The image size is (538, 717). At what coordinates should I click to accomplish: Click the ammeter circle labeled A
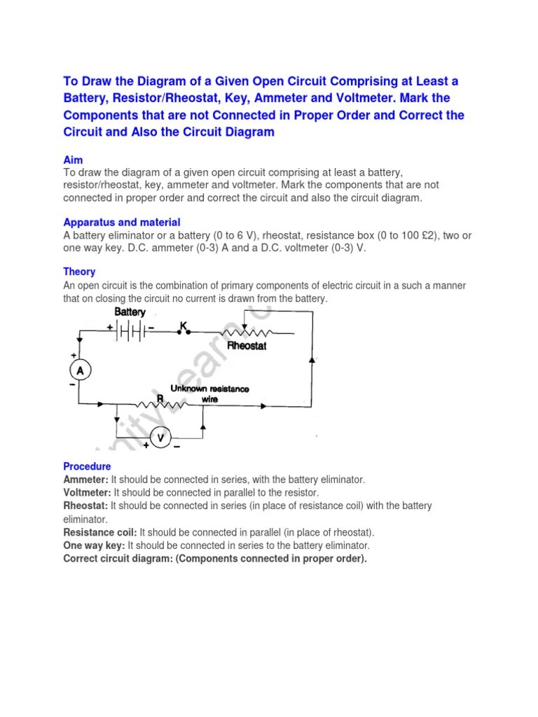point(80,370)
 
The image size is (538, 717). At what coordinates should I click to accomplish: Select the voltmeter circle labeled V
point(160,438)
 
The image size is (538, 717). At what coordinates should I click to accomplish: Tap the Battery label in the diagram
point(130,312)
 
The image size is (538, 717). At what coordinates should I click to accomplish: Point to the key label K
point(184,326)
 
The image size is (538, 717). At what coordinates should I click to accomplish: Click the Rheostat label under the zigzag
point(247,346)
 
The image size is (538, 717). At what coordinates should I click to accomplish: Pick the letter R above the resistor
point(160,398)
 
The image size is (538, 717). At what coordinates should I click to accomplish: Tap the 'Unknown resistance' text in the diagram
point(209,388)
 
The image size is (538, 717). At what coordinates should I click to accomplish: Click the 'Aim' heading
point(73,160)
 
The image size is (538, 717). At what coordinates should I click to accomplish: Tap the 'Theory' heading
point(79,271)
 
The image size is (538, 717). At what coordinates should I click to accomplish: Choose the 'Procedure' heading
point(87,466)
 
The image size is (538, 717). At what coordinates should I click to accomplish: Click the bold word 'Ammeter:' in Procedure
point(85,480)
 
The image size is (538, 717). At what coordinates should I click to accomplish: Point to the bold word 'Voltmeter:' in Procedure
point(87,492)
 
